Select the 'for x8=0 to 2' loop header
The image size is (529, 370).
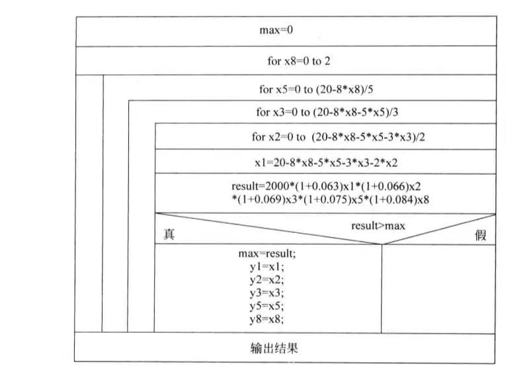click(299, 61)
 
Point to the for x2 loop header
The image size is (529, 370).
click(325, 137)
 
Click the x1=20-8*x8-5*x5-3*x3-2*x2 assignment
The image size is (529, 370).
click(325, 162)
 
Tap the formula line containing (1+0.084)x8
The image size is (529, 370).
click(325, 199)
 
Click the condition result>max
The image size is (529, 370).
click(378, 226)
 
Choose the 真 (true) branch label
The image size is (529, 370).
click(169, 235)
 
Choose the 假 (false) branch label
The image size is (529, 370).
click(481, 236)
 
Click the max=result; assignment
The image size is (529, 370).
click(264, 254)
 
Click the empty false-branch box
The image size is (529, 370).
click(438, 289)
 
